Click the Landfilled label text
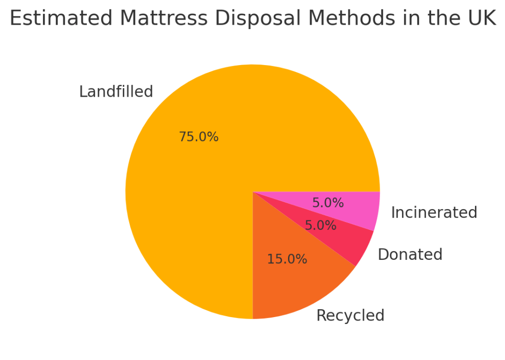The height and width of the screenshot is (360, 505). point(116,92)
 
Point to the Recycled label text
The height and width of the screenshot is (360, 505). point(350,316)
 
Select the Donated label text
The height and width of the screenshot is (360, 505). point(410,254)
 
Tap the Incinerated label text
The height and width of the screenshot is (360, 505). point(434,213)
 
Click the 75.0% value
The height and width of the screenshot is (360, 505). point(198,137)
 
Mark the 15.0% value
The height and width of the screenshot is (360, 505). point(287,259)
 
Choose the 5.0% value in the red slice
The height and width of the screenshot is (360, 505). point(321,226)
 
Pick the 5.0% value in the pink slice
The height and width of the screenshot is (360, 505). point(328,203)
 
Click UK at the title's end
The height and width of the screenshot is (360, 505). point(481,19)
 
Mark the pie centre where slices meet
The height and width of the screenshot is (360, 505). point(252,192)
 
